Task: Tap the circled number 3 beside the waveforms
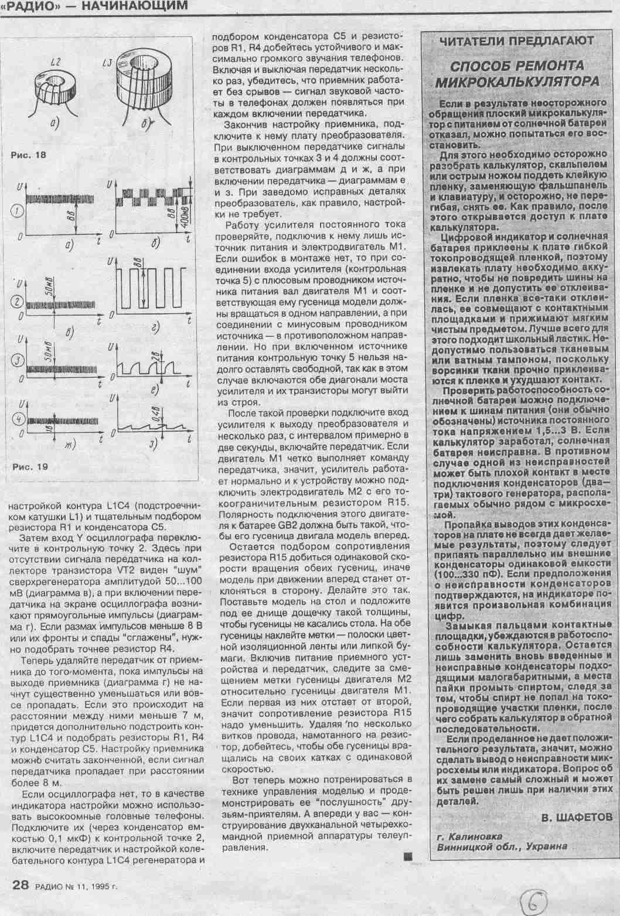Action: [19, 359]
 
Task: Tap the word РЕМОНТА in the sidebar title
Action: [546, 64]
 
